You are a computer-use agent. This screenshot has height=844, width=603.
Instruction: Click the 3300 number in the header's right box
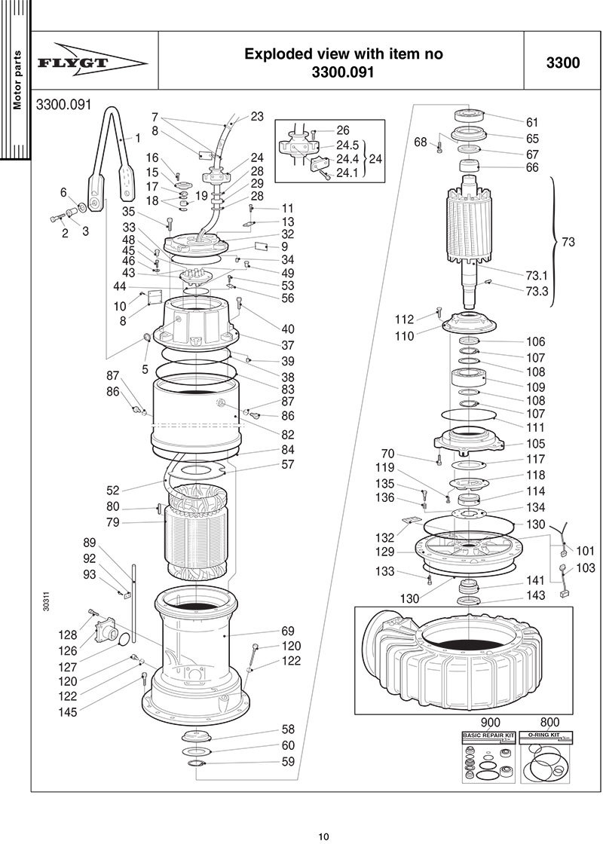563,63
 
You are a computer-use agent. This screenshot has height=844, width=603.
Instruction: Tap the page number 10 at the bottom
323,835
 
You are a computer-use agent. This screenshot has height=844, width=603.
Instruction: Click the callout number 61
532,122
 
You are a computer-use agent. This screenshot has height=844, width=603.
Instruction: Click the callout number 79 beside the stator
113,521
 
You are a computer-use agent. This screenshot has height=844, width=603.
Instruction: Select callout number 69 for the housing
287,631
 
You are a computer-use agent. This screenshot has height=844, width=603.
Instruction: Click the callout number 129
385,552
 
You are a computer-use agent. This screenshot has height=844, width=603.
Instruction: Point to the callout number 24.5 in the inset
347,145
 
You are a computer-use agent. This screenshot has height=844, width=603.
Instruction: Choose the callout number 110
404,336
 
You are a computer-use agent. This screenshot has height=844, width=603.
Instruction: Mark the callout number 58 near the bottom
288,729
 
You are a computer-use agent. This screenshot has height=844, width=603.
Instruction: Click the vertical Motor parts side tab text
17,80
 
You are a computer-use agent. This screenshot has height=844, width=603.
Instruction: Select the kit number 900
479,721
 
